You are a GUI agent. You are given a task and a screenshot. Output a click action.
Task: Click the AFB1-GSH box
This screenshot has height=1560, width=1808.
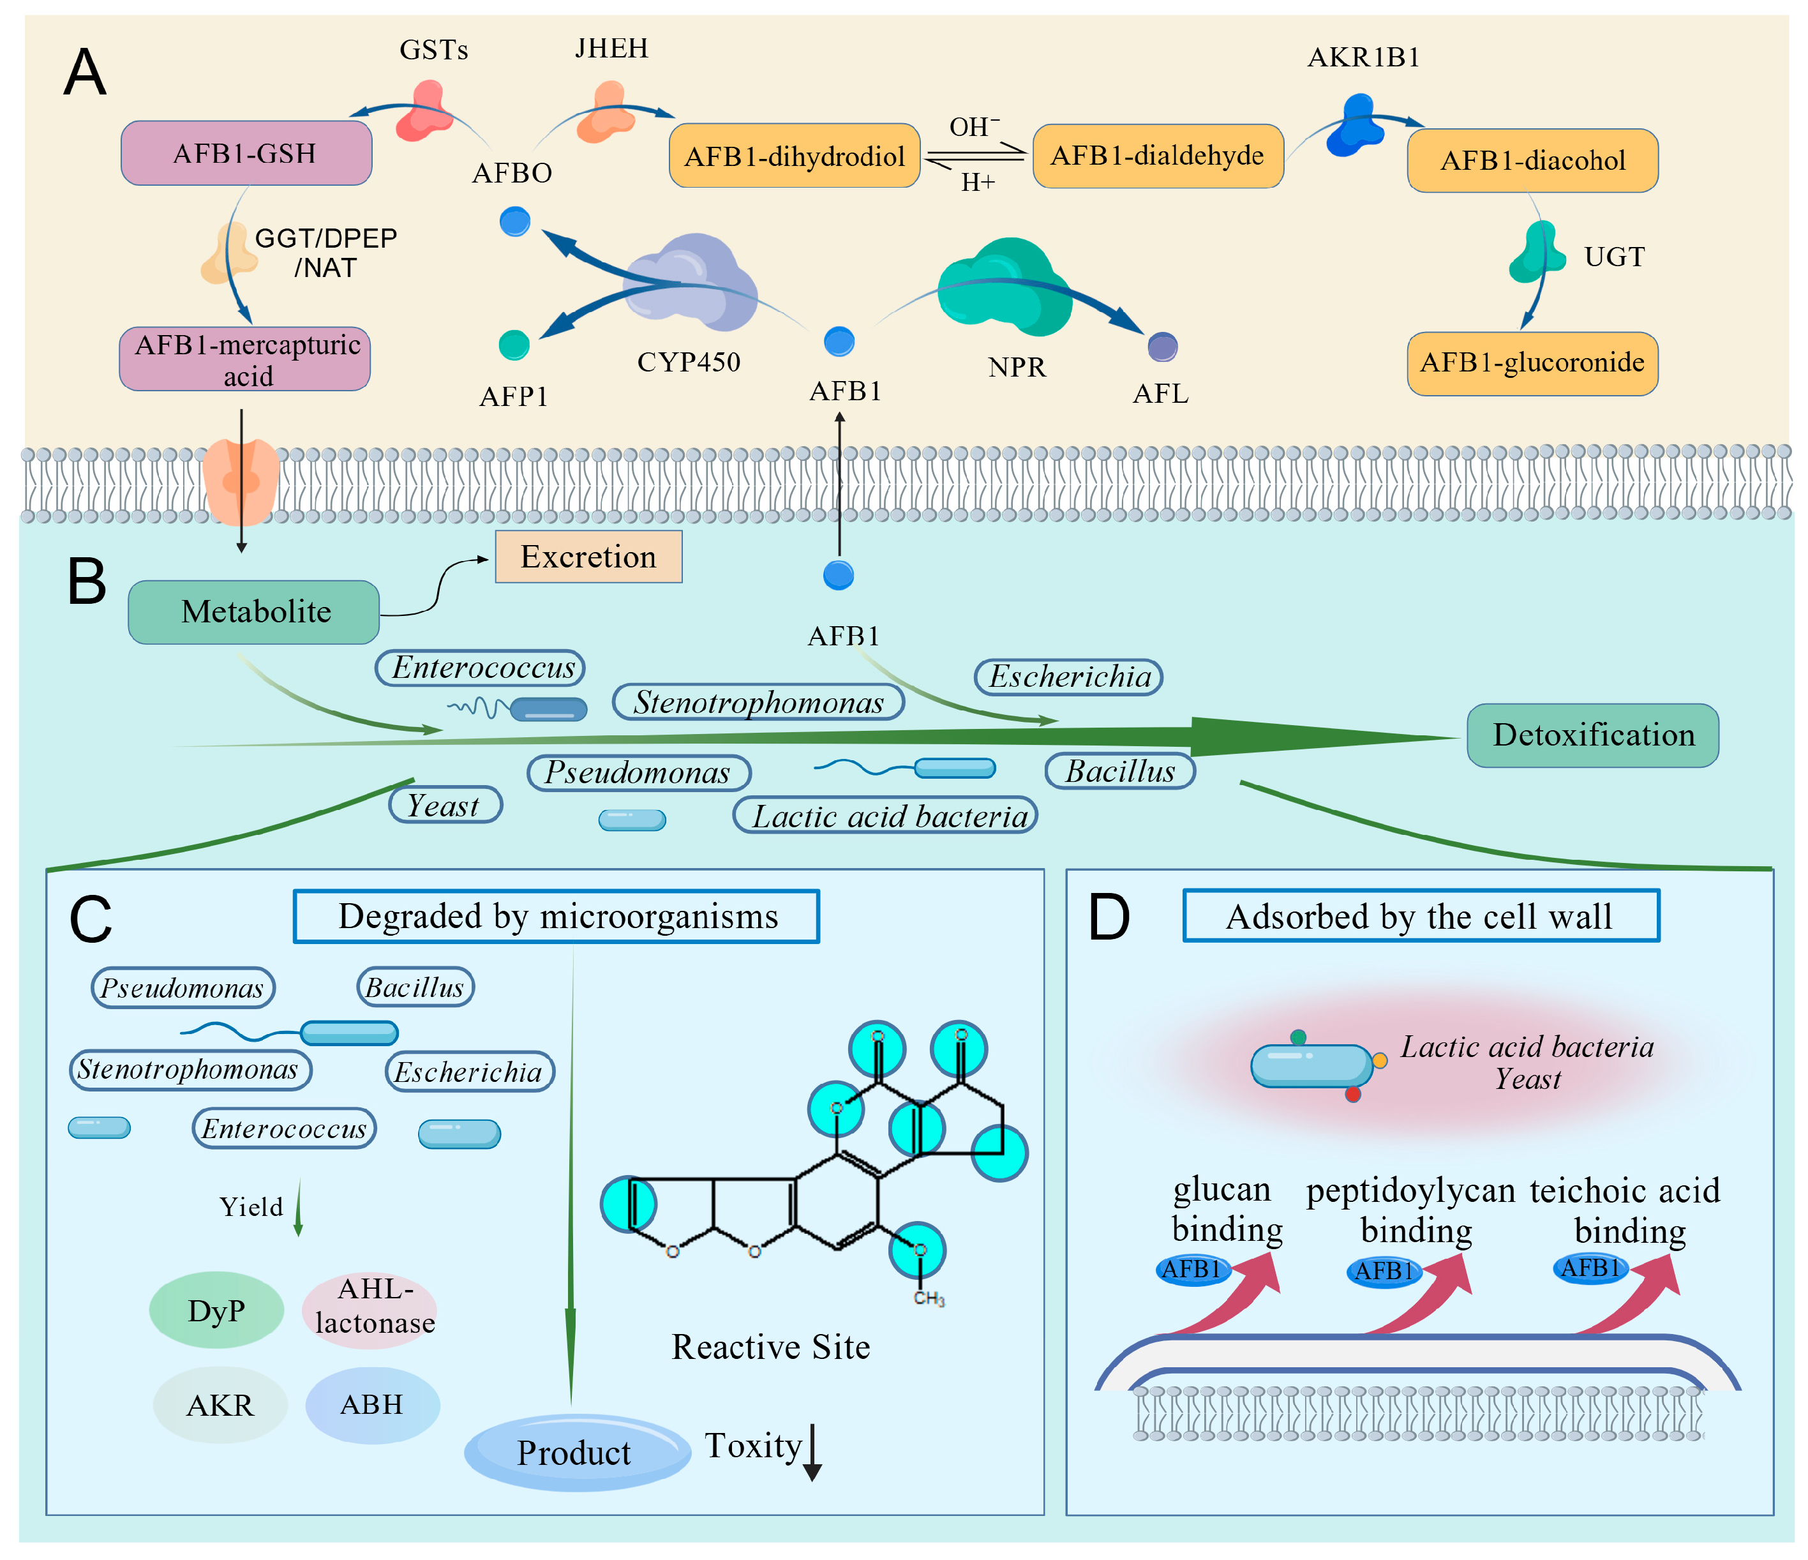[x=246, y=154]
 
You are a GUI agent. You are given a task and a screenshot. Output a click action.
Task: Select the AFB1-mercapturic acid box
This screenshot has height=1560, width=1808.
[x=245, y=359]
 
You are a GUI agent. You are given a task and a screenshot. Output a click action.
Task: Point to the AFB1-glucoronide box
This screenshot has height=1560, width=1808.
[x=1532, y=363]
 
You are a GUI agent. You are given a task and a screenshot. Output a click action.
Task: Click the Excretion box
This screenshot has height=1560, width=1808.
[x=588, y=557]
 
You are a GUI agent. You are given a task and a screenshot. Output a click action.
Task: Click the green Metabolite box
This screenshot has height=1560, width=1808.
[x=254, y=612]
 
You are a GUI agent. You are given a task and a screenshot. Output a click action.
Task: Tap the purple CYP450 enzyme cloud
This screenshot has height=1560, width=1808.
[x=694, y=283]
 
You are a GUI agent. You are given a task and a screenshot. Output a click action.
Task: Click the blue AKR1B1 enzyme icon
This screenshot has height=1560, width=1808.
[x=1355, y=126]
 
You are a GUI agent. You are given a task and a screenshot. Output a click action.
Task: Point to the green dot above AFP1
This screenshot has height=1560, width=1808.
[x=514, y=345]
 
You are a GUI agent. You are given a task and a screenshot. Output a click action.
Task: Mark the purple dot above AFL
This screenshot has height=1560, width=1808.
[x=1162, y=347]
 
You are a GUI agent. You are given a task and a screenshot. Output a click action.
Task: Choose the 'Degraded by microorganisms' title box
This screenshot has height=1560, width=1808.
[x=556, y=917]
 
